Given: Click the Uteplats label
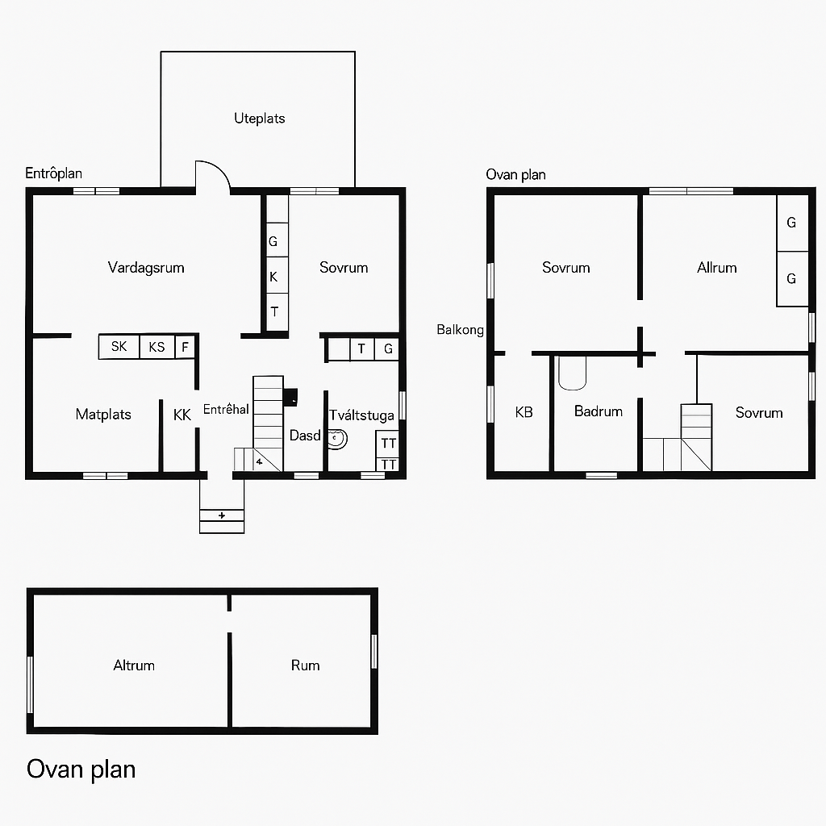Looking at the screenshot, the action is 259,119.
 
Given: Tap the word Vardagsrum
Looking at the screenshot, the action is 146,268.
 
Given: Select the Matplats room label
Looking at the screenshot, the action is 103,414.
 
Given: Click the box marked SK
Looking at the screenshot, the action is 119,347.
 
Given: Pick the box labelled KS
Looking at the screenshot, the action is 157,347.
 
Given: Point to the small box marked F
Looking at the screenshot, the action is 185,347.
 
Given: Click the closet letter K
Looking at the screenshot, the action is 273,277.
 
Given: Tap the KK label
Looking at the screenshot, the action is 181,415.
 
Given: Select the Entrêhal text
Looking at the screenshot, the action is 226,409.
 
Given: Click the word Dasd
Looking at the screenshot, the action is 305,436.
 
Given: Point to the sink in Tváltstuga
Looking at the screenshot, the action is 337,439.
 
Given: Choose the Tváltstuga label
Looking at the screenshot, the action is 361,415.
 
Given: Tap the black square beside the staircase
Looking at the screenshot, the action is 290,397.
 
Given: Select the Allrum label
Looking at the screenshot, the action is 716,268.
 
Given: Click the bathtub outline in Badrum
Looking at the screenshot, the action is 572,373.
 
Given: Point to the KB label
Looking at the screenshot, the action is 524,412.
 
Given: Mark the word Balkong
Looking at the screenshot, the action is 460,330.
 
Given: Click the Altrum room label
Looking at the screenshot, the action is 134,665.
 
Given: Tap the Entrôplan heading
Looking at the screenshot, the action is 54,173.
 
